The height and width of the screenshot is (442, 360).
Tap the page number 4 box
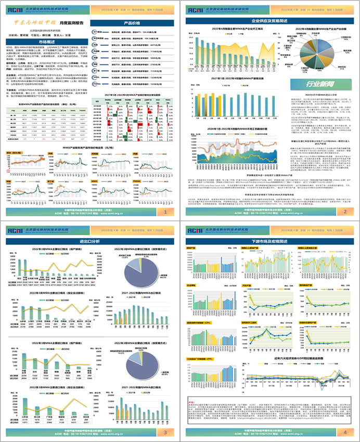(344, 432)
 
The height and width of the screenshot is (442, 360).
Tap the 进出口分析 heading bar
(89, 241)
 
